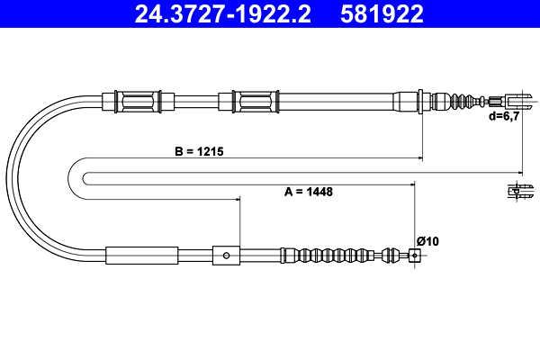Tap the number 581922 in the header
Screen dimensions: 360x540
[382, 13]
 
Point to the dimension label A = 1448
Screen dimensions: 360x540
[302, 192]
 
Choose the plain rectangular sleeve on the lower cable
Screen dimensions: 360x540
[142, 256]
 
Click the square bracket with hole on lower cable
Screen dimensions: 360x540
[226, 256]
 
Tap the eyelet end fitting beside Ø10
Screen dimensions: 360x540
[414, 256]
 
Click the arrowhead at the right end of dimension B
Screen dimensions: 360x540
[418, 159]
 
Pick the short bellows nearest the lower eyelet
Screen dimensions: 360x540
[393, 256]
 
